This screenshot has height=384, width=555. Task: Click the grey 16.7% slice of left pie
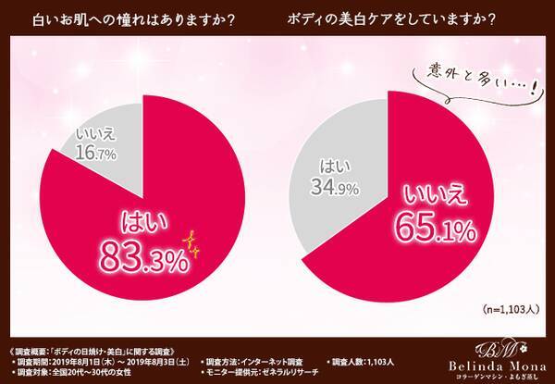(x=97, y=139)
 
